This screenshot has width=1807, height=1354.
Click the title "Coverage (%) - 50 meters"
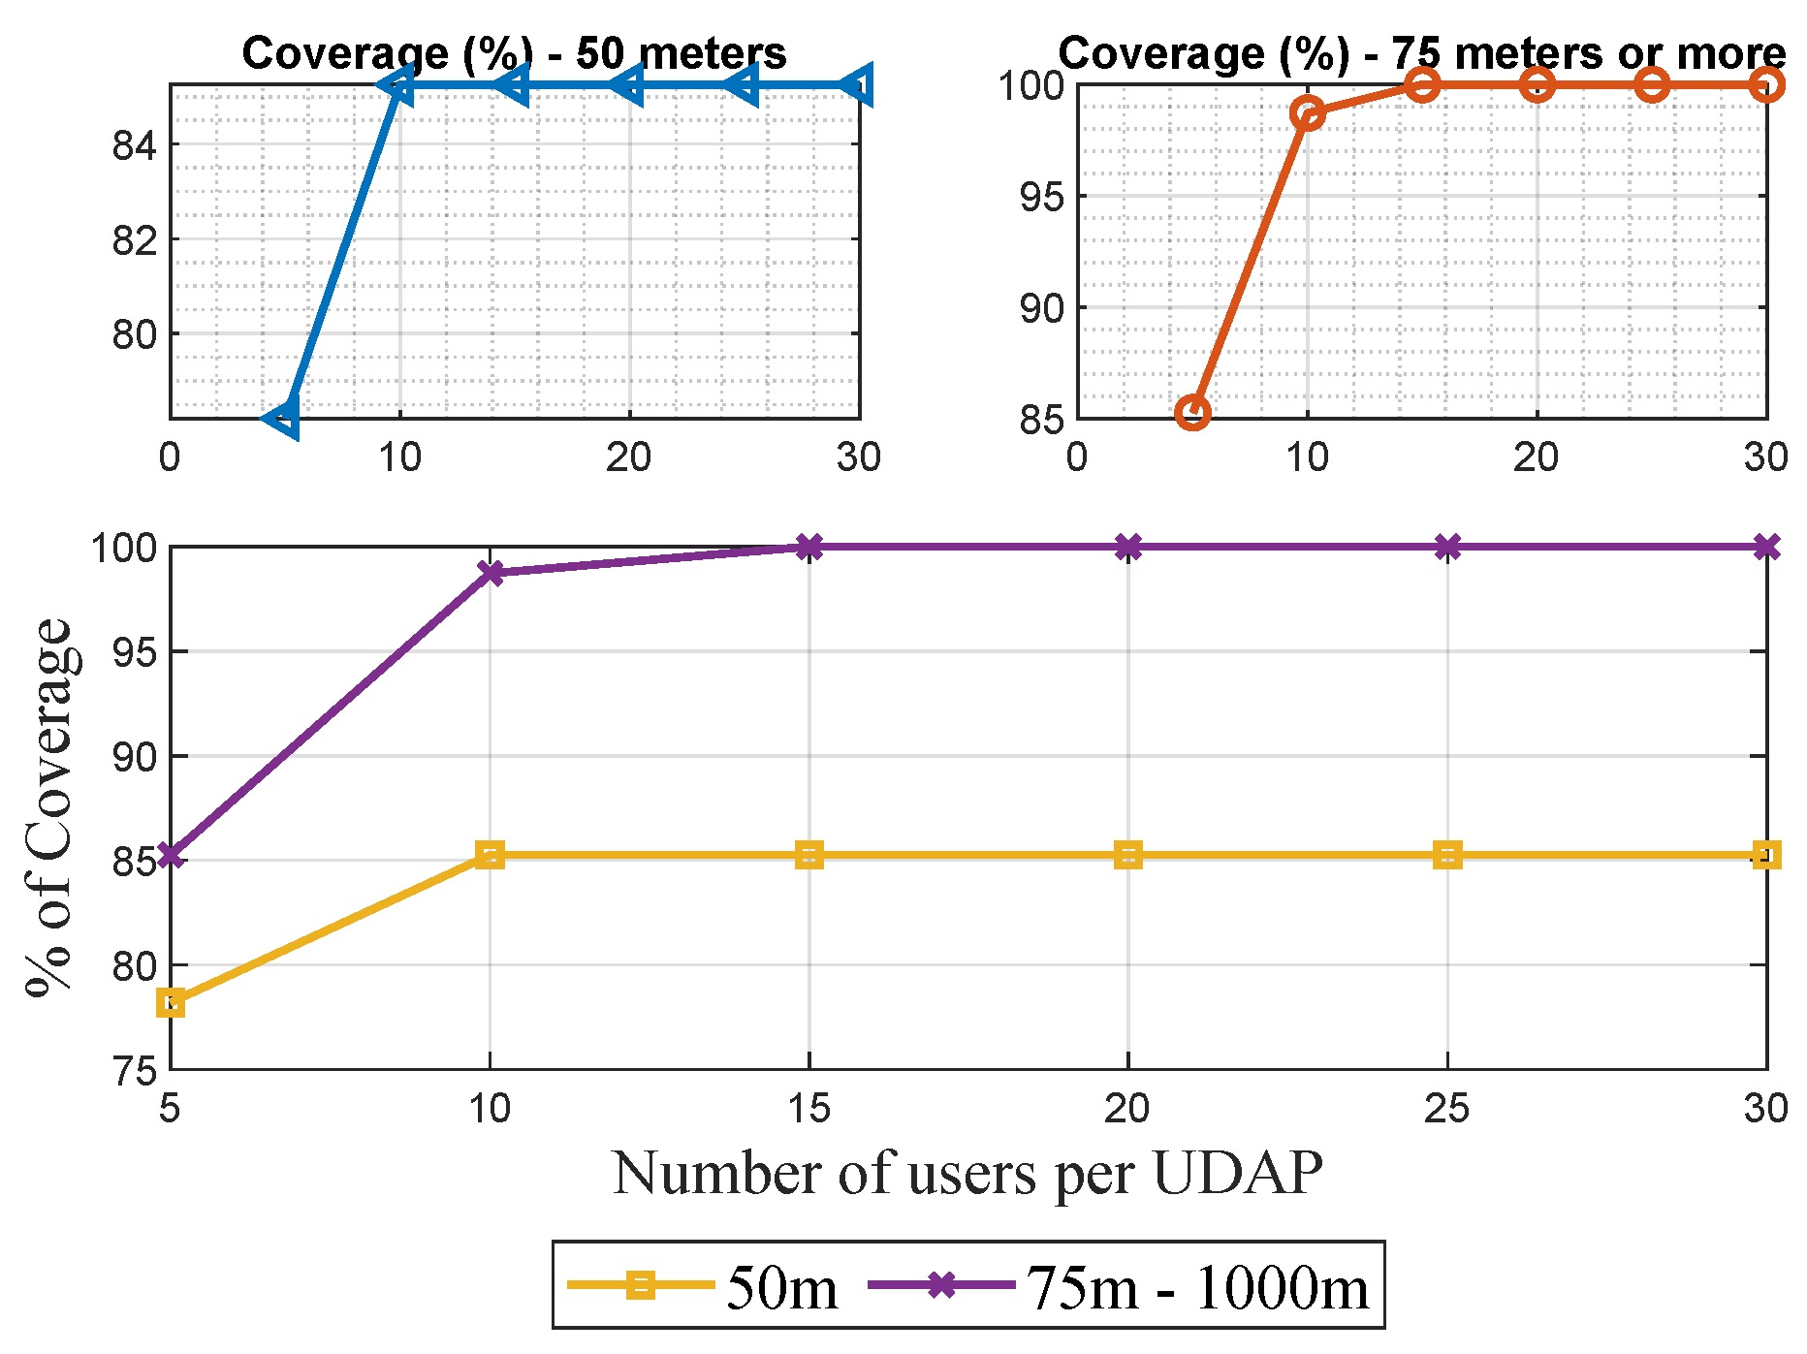(514, 53)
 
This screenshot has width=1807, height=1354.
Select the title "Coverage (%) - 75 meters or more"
(1421, 53)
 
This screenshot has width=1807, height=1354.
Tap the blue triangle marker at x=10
(398, 86)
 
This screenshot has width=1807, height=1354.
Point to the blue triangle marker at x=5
(283, 417)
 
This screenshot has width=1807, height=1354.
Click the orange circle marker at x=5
(1192, 412)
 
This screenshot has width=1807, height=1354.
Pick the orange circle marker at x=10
(1308, 113)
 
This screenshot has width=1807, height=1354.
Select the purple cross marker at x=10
(491, 573)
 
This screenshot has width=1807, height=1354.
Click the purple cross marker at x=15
(809, 547)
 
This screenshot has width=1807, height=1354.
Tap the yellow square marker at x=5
(172, 1002)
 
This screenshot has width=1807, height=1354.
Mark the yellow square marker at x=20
(1128, 855)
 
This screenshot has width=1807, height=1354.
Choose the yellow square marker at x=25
(1447, 855)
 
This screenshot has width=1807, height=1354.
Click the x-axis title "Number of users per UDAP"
(967, 1174)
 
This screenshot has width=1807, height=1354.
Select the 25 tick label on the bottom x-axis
(1447, 1107)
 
